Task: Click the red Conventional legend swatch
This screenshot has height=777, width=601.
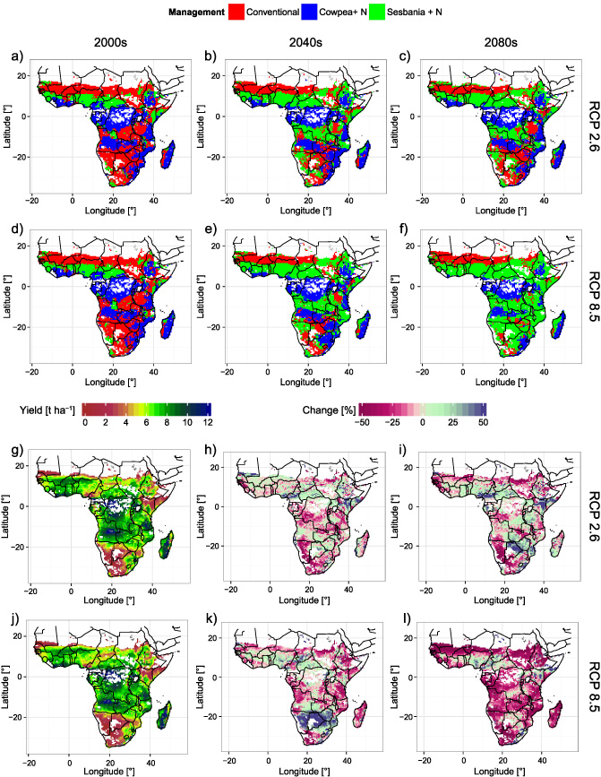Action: pyautogui.click(x=237, y=12)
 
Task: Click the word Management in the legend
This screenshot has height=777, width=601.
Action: pyautogui.click(x=198, y=12)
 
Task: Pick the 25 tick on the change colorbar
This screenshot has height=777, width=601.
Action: pyautogui.click(x=454, y=421)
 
